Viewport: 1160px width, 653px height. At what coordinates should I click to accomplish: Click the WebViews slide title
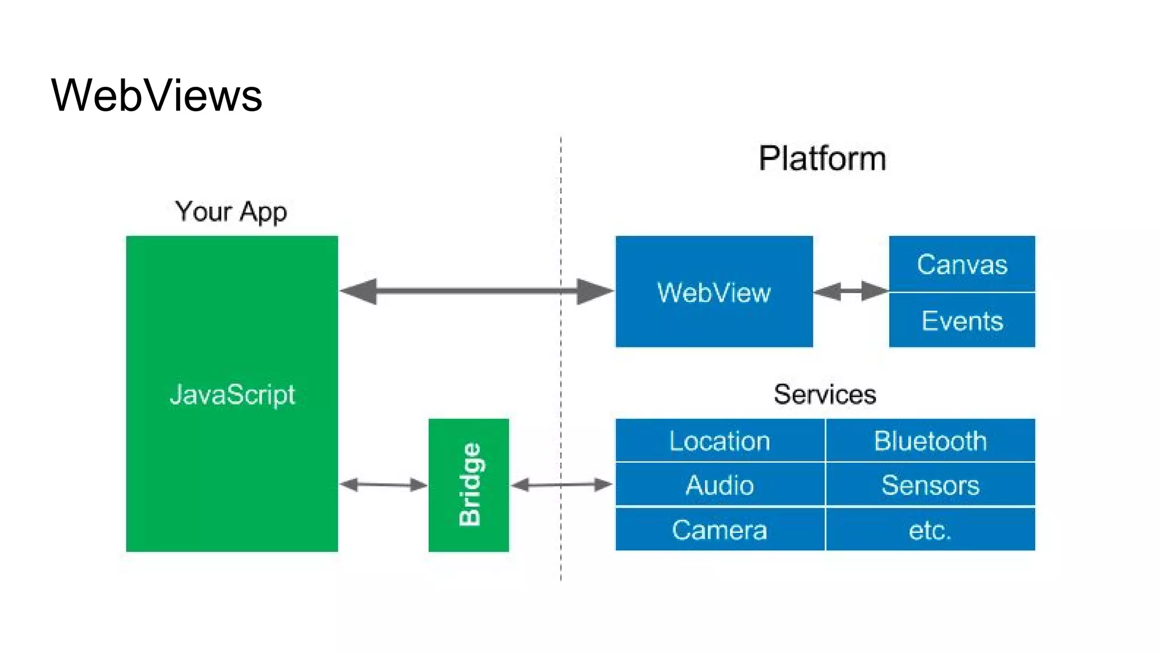156,95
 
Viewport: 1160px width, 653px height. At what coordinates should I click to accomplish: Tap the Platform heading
822,158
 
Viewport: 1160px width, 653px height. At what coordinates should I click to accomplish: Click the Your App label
231,212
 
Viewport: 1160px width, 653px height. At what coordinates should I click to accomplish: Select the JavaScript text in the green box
232,395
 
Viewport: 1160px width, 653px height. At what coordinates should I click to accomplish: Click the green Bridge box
468,485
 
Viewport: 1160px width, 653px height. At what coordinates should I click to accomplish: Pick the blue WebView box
714,292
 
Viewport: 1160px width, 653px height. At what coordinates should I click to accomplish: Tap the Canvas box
962,264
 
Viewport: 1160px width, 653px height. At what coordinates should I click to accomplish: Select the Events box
962,321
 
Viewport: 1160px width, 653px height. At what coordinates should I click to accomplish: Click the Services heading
825,395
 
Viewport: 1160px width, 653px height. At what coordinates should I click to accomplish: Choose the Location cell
719,441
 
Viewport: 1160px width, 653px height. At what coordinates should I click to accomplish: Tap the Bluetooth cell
930,441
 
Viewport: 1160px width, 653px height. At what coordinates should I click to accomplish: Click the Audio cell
719,485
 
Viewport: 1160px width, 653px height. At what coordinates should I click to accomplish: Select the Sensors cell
930,485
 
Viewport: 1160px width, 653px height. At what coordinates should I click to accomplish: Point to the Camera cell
719,530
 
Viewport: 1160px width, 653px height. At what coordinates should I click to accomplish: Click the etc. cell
930,530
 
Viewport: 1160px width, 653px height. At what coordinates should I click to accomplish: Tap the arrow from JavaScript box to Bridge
383,485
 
